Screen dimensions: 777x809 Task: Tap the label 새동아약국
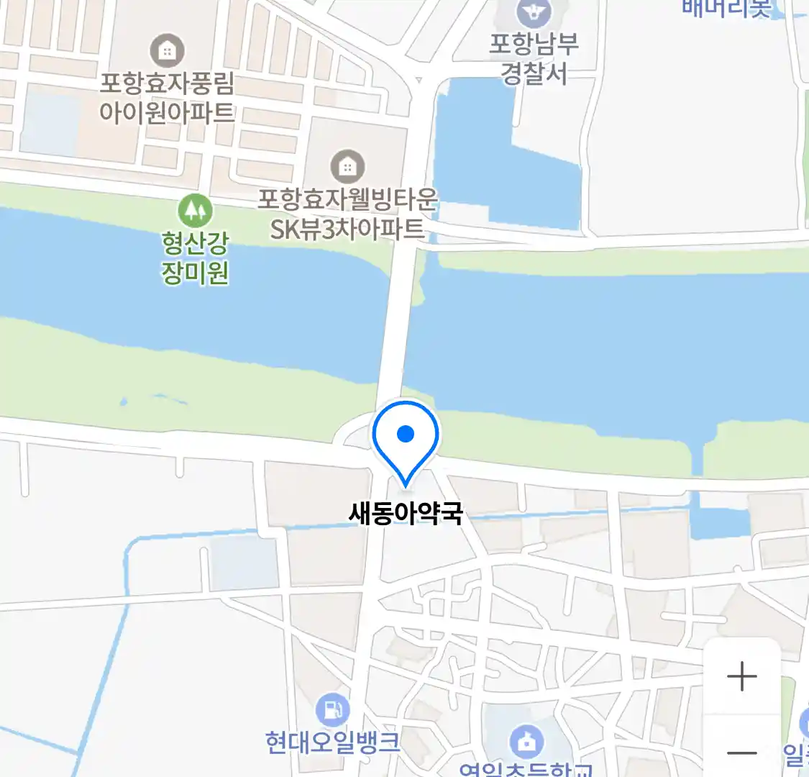tap(406, 514)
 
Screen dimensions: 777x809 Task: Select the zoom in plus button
tap(741, 677)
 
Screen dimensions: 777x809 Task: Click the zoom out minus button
tap(741, 753)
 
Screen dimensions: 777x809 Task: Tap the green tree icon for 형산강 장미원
tap(193, 210)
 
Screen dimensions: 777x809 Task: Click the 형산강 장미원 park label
tap(195, 258)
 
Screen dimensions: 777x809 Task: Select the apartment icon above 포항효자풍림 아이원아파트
tap(167, 51)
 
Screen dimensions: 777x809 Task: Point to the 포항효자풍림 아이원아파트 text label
tap(167, 98)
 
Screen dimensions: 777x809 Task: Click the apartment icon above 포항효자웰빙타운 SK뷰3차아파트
tap(347, 167)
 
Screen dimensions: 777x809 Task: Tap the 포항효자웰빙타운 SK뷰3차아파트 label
tap(347, 214)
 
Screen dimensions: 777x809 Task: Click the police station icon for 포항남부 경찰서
tap(534, 12)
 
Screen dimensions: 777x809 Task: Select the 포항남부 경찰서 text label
tap(534, 59)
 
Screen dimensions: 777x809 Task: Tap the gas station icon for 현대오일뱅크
tap(332, 710)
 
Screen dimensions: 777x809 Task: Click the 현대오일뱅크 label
tap(332, 742)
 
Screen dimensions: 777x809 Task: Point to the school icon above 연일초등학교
tap(526, 741)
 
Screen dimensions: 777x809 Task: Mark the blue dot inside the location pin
tap(406, 434)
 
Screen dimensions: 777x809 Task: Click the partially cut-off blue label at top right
tap(726, 7)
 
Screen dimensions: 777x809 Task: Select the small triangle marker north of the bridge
tap(419, 81)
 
